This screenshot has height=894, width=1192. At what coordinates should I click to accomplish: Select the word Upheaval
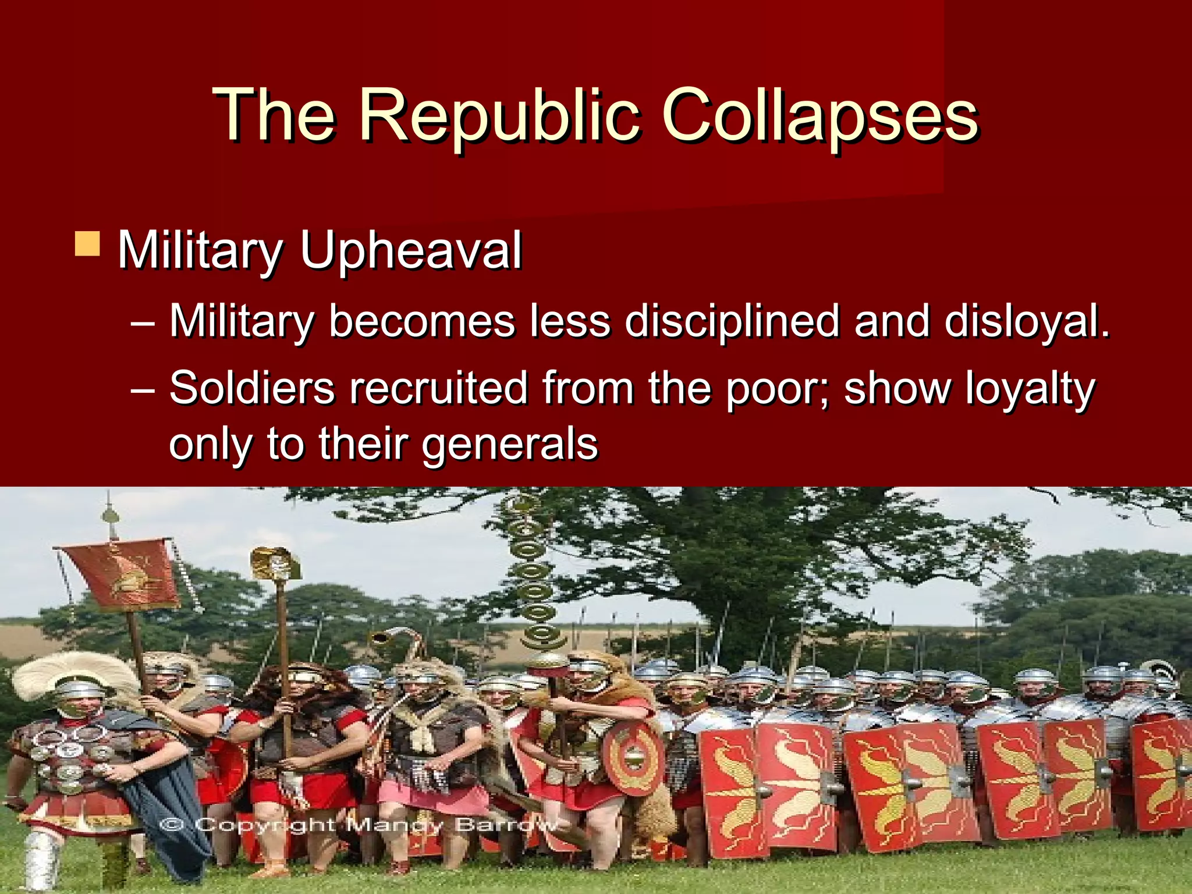click(410, 251)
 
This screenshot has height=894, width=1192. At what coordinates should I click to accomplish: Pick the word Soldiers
click(252, 388)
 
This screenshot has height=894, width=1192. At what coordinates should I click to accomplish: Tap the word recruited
click(438, 388)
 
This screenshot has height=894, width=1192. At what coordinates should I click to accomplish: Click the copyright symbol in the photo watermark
click(172, 825)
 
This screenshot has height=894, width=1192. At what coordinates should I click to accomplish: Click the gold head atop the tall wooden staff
click(276, 562)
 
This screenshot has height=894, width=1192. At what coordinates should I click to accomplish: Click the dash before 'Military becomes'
click(143, 322)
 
